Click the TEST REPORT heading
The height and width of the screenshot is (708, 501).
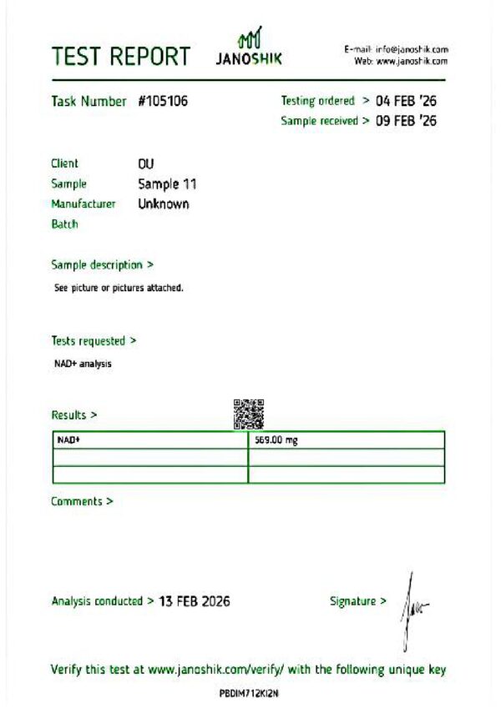point(120,56)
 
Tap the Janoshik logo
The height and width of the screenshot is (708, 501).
point(249,48)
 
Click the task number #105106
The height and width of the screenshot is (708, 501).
point(163,102)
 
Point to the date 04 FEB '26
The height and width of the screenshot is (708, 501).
point(407,101)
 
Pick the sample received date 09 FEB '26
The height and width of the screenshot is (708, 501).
point(407,121)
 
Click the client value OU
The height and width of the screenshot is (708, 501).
point(146,163)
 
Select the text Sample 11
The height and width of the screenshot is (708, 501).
point(167,183)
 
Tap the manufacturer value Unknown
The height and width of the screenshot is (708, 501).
point(164,203)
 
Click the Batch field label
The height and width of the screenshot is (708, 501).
point(64,224)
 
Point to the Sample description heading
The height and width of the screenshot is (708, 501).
point(102,265)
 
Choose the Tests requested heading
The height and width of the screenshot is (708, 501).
point(94,340)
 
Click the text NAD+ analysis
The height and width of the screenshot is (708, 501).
point(83,364)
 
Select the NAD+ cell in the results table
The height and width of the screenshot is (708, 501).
point(150,439)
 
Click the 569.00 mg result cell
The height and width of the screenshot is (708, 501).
point(347,439)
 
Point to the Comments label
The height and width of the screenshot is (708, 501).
point(82,501)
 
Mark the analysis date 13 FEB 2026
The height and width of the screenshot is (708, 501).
point(194,601)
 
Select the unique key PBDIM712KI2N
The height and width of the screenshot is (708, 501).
point(248,693)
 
